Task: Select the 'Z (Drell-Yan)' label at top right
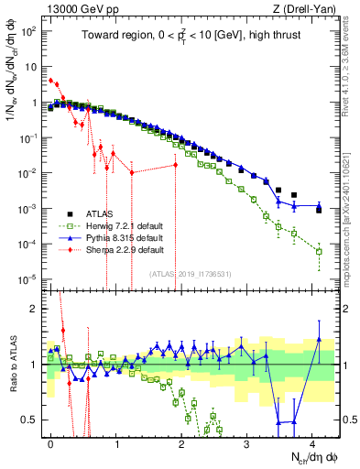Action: click(306, 8)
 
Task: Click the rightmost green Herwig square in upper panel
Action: click(319, 251)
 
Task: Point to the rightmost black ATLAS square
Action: click(319, 210)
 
